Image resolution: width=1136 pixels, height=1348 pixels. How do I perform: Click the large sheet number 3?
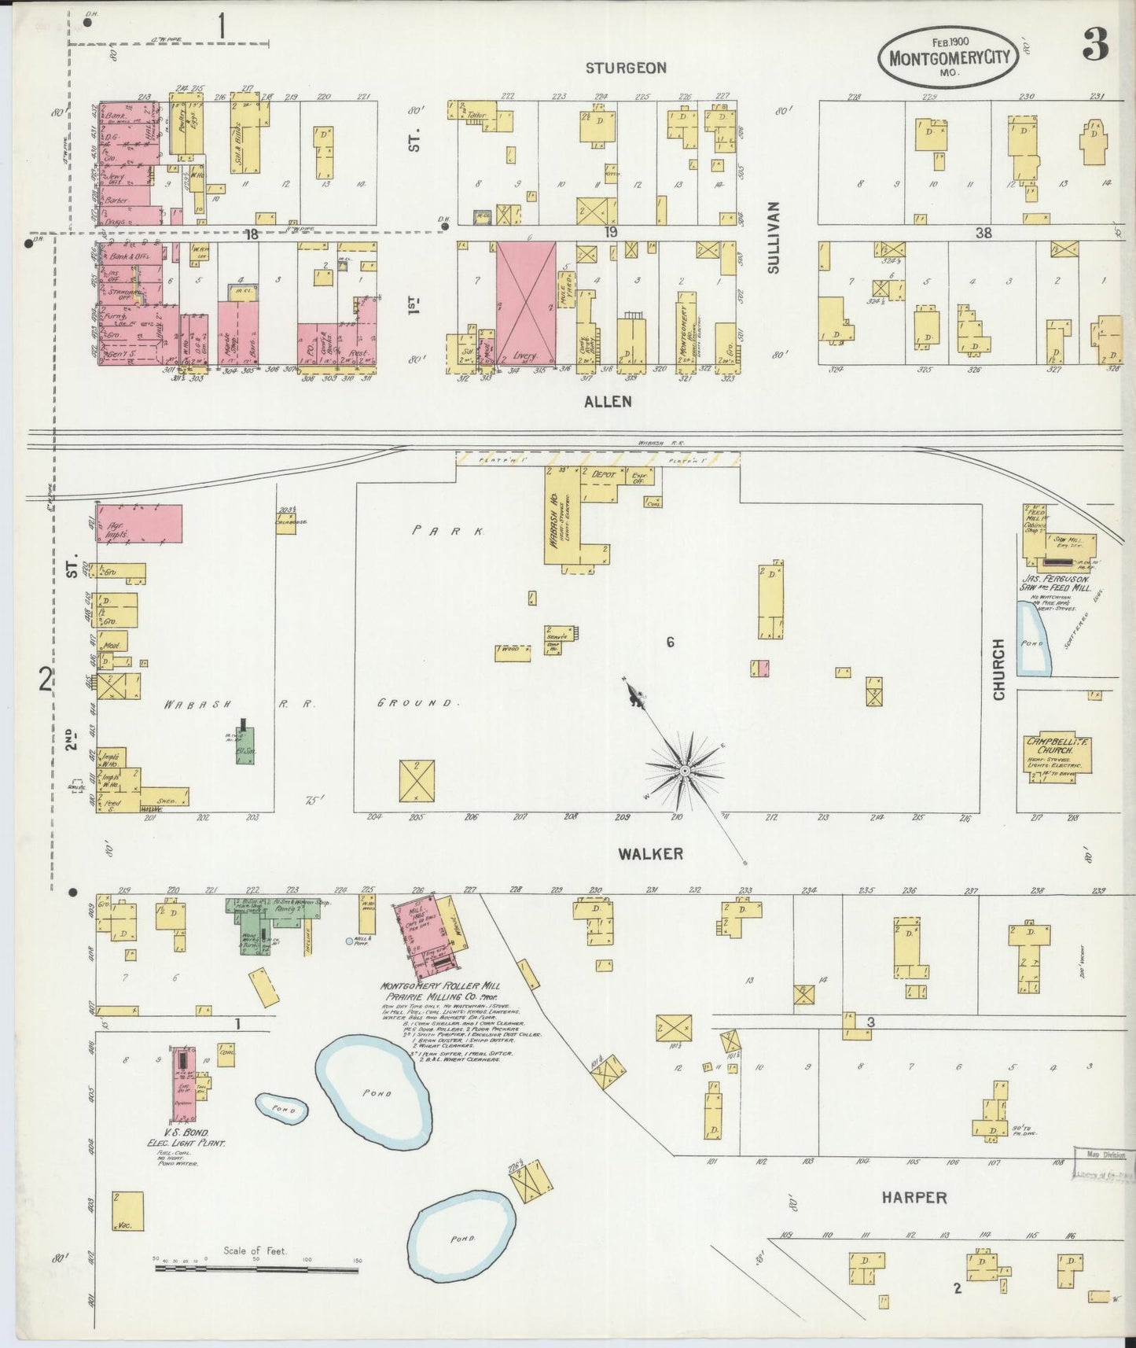(1094, 48)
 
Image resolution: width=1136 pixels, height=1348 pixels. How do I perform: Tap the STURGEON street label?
(626, 68)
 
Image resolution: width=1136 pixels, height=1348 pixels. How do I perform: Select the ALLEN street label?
(608, 401)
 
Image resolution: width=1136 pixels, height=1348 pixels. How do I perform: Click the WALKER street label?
(649, 853)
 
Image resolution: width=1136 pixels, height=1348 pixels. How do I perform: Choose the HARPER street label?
(914, 1198)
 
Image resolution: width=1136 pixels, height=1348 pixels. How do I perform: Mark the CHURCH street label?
(998, 670)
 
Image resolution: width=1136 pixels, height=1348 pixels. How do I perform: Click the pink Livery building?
(525, 303)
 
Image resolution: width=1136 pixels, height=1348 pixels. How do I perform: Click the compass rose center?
(685, 772)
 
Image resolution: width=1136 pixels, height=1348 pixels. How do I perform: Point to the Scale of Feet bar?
(256, 1268)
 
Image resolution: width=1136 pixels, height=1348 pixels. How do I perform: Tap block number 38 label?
(983, 233)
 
